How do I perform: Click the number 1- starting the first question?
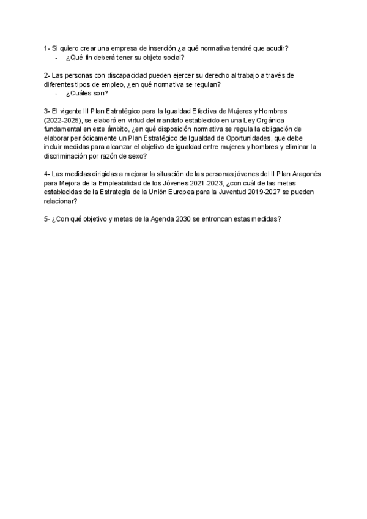47,48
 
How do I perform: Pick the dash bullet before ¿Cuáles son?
56,94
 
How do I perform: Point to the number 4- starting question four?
47,174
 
